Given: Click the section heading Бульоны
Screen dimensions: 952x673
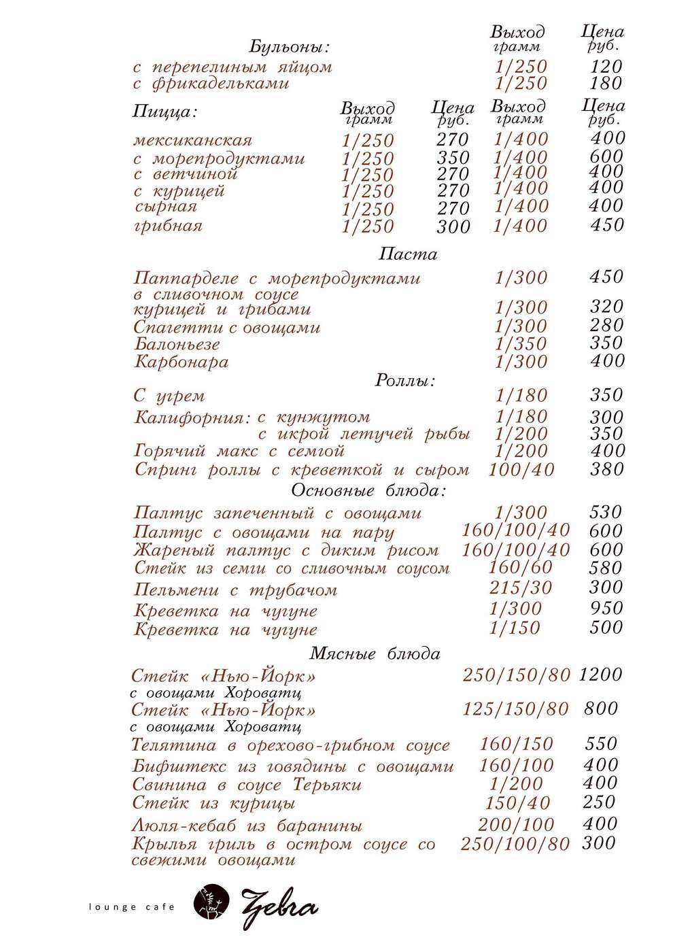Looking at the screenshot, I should coord(289,48).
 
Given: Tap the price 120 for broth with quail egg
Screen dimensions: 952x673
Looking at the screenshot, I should coord(606,67).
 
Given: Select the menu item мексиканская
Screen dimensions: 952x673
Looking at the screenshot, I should coord(192,141).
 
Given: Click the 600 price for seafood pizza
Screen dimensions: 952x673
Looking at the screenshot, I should coord(606,156).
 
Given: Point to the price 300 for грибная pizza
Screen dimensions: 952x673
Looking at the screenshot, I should coord(453,226).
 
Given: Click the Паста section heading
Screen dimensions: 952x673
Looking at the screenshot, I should coord(407,255).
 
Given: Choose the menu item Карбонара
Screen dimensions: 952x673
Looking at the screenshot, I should coord(181,362).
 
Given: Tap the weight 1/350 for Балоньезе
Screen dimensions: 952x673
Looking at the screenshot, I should coord(521,344).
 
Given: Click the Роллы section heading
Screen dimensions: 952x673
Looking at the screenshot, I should coord(405,381).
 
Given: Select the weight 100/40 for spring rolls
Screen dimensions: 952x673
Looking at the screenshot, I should coord(521,469).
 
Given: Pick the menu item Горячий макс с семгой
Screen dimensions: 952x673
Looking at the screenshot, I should coord(240,451).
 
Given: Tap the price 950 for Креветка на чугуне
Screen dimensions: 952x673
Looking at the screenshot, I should coord(606,608).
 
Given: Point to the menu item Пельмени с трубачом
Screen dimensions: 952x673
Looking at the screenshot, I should coord(235,590).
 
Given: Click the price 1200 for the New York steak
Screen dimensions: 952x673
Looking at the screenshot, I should coord(600,675).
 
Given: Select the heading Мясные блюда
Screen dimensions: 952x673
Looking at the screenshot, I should coord(375,654).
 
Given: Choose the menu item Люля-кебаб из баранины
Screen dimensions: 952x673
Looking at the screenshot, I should coord(246,826).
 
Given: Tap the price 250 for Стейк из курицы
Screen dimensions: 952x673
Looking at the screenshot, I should coord(599,802).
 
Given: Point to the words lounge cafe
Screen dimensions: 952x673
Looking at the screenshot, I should coord(132,907).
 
